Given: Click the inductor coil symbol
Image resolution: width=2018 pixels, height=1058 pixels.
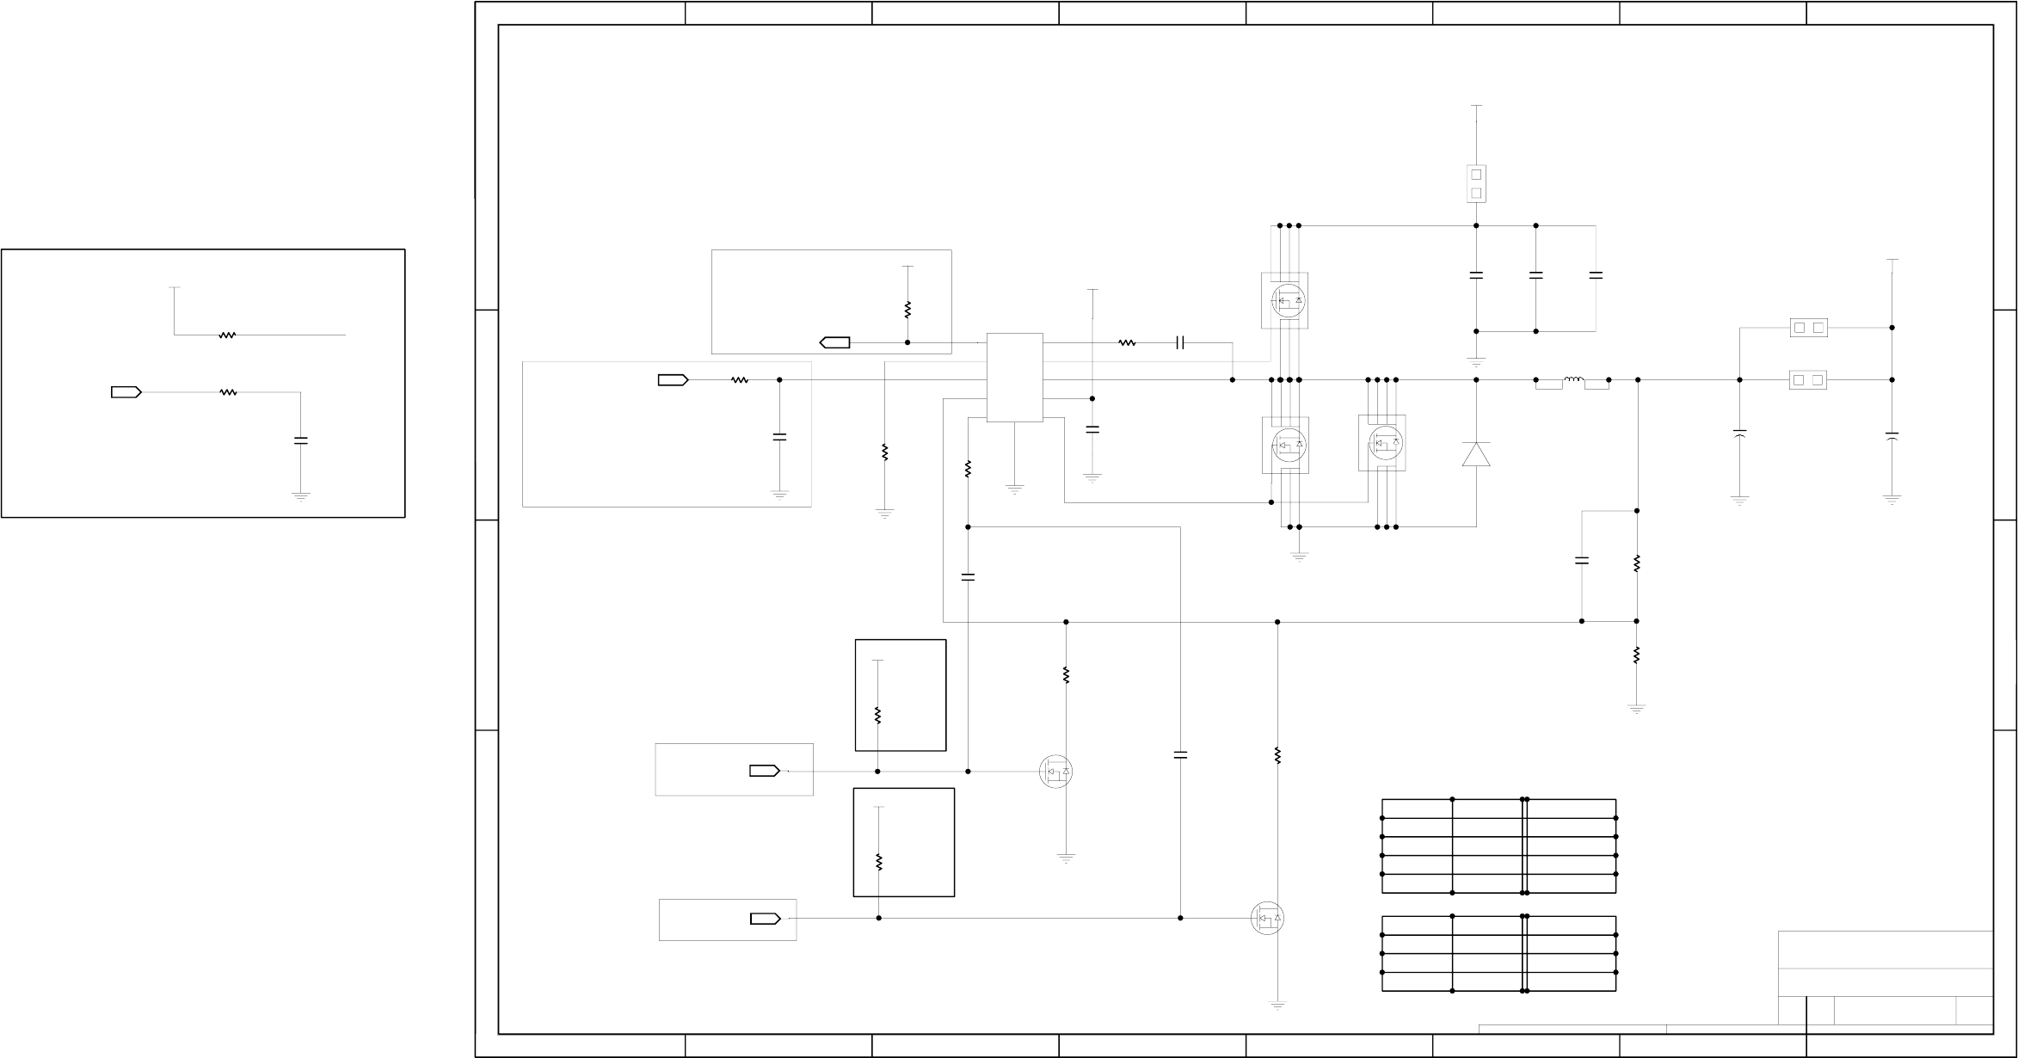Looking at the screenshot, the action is click(1573, 379).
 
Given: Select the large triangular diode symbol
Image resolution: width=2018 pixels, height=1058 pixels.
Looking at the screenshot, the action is click(1476, 454).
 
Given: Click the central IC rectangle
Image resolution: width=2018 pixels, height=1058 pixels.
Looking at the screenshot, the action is click(1015, 378).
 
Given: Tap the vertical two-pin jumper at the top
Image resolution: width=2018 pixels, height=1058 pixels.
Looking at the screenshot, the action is click(1476, 184).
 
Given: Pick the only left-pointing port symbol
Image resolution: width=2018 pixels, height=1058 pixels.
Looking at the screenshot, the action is click(835, 342).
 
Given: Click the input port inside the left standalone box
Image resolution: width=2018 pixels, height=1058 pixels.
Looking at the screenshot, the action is click(126, 392).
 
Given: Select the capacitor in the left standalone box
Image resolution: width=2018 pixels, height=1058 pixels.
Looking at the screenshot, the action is click(300, 440).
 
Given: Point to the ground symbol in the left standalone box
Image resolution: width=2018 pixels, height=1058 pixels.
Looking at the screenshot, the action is click(300, 496).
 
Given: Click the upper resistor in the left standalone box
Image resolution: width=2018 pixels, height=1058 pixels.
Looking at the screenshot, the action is click(227, 335).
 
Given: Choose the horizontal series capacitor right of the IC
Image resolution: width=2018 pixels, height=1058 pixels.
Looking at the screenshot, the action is click(1180, 342).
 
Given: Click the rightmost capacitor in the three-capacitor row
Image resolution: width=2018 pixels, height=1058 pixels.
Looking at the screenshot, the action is click(1596, 275).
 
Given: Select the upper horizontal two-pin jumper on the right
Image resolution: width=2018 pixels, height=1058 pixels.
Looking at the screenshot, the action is click(1808, 328).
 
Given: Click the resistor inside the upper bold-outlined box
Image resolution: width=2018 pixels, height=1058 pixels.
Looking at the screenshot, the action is click(878, 715).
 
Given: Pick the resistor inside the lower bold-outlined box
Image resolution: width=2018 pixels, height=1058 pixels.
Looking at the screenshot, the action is click(878, 862).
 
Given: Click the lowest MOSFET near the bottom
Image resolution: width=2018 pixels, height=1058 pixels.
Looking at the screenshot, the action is click(1267, 919).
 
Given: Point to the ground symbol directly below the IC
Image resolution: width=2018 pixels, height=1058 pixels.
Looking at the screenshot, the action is click(1015, 489).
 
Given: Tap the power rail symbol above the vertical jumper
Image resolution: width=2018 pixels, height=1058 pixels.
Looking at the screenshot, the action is click(1476, 107).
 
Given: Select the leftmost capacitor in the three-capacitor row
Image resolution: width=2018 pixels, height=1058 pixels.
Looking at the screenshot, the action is click(1476, 275).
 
